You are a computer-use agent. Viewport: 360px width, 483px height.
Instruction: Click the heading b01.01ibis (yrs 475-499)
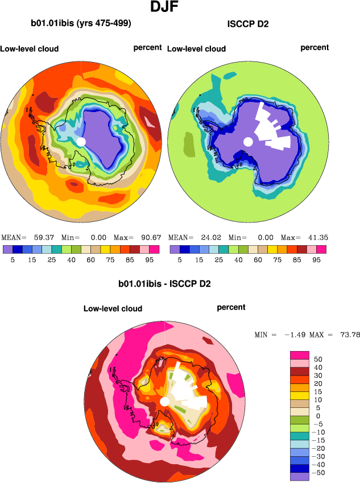point(81,23)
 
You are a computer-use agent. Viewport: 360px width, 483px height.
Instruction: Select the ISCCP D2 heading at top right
point(247,23)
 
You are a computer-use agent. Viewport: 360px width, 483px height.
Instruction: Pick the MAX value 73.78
point(349,335)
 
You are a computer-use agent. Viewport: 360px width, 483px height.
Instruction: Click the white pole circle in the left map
point(81,141)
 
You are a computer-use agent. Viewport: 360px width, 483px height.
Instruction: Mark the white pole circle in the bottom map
point(164,402)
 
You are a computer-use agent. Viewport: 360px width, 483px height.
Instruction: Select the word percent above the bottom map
point(231,307)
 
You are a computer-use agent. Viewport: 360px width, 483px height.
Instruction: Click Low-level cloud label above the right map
point(196,48)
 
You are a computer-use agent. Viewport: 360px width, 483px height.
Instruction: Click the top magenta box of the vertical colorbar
point(299,355)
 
